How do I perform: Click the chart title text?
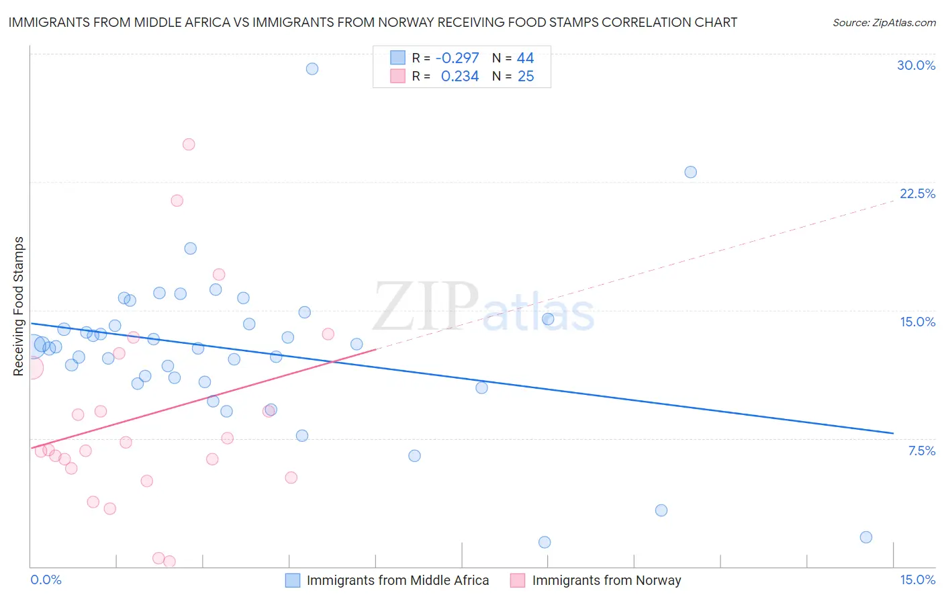(373, 22)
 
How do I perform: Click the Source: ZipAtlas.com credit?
(884, 22)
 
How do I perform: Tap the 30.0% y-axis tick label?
(916, 65)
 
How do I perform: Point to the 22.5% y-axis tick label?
(917, 193)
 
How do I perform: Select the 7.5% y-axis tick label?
(921, 451)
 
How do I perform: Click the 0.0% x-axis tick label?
(46, 580)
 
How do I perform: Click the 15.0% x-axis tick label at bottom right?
(917, 580)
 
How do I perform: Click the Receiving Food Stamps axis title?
(18, 306)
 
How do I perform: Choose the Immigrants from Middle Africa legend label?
(397, 580)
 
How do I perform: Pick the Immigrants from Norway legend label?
(606, 580)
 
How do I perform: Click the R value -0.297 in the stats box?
(457, 58)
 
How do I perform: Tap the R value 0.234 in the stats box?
(460, 77)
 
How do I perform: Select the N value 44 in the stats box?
(525, 58)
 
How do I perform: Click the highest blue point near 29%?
(312, 68)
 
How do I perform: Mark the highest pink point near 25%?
(189, 144)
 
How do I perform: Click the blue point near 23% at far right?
(690, 172)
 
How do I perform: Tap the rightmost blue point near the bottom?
(866, 537)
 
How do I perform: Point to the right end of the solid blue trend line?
(893, 433)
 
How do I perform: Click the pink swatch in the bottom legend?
(517, 580)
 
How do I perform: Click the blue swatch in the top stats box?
(398, 58)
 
